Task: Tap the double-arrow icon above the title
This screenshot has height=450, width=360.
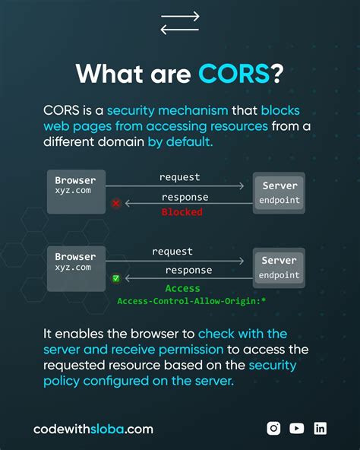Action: [x=180, y=24]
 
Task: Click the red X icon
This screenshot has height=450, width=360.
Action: [x=116, y=203]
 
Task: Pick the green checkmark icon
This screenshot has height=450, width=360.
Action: [x=116, y=279]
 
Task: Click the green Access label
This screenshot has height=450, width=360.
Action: [x=183, y=289]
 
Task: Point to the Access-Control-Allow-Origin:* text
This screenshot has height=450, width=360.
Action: [x=191, y=302]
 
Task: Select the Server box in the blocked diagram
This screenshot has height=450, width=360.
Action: [x=279, y=193]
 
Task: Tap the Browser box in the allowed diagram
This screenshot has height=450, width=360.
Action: [x=75, y=268]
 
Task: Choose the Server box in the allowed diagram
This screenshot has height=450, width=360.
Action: [x=279, y=268]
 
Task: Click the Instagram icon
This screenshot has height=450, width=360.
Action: [x=273, y=428]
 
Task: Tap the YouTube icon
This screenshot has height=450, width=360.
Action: [x=297, y=428]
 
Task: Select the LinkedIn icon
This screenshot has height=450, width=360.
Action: [x=321, y=428]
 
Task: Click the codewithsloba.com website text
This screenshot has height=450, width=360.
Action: [x=93, y=429]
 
